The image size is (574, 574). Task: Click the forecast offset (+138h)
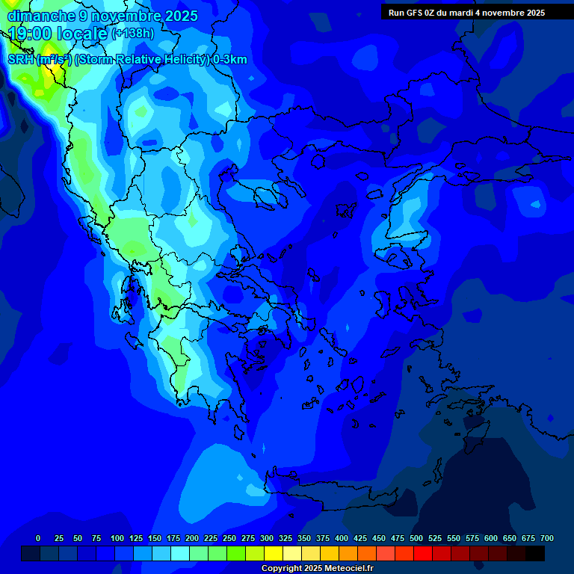click(x=133, y=34)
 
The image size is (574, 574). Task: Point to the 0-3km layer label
click(x=229, y=60)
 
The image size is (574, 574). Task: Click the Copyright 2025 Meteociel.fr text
click(x=317, y=569)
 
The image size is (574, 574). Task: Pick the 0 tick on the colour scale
click(x=38, y=538)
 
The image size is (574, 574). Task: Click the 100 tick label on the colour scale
click(x=117, y=538)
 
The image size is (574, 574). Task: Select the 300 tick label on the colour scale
click(x=267, y=538)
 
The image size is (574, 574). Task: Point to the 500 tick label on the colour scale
click(x=416, y=538)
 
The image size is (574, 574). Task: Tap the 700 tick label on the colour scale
click(x=546, y=538)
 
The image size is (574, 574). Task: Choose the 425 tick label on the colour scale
click(x=360, y=538)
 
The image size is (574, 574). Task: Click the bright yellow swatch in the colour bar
click(x=274, y=554)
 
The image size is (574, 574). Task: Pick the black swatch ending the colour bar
click(x=535, y=554)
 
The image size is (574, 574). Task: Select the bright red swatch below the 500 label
click(x=423, y=554)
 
